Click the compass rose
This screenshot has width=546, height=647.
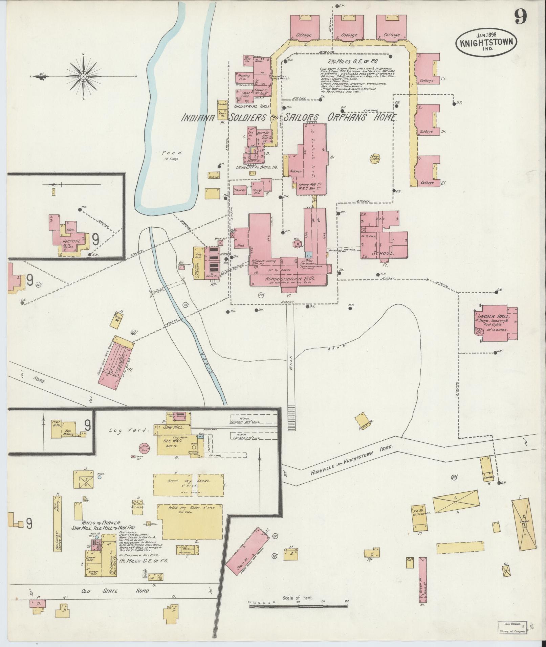[x=83, y=76]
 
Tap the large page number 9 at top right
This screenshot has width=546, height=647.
[x=522, y=16]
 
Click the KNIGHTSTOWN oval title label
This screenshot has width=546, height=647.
[x=486, y=43]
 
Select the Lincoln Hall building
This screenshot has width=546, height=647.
[x=496, y=323]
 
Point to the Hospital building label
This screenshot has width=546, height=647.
[x=71, y=241]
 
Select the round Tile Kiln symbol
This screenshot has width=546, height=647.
[x=145, y=448]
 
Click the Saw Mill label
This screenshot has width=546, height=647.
[x=173, y=428]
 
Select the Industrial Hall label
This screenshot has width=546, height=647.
[x=254, y=107]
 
